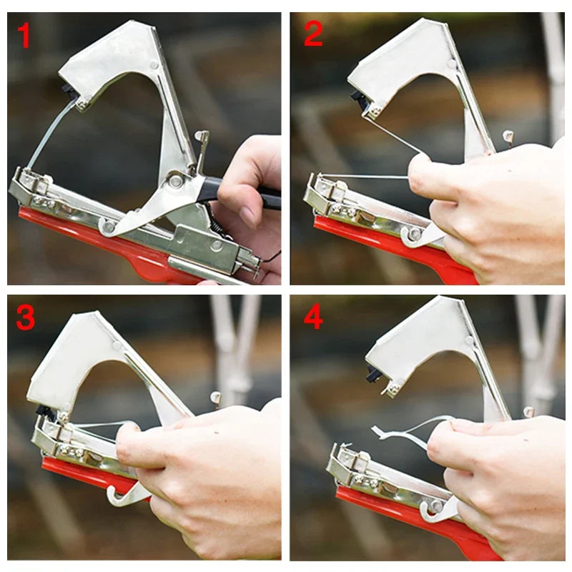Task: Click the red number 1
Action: coord(25,35)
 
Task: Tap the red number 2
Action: coord(313,33)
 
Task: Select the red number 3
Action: coord(25,317)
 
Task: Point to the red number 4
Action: coord(313,317)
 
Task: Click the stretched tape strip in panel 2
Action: coord(365,176)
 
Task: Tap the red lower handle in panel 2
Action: coord(386,240)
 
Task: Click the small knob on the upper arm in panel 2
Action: coord(508,134)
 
